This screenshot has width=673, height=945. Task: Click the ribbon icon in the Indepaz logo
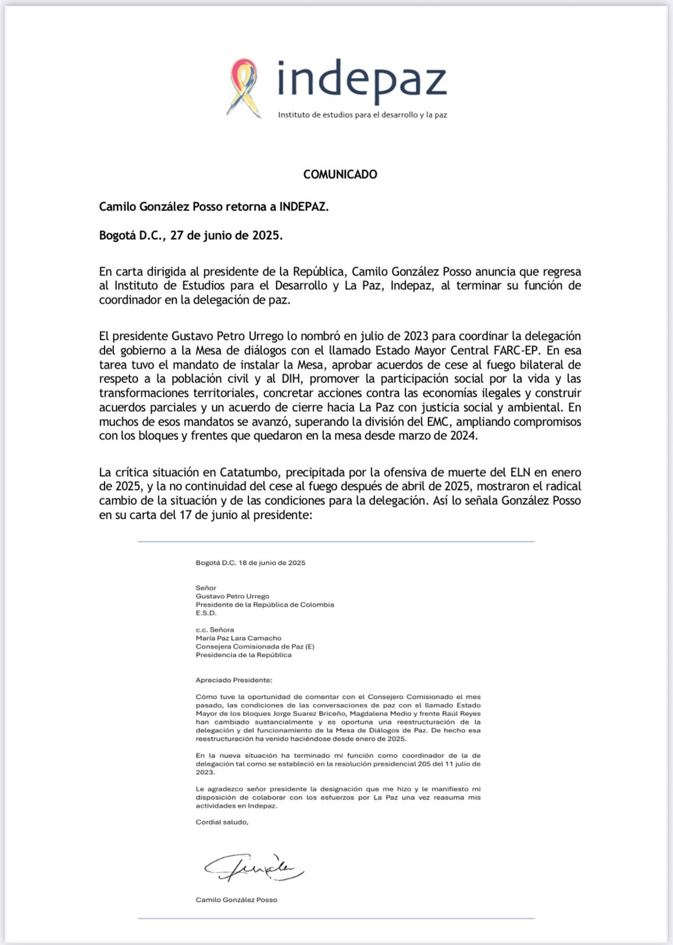(x=244, y=87)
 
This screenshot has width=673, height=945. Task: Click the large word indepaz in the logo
(x=361, y=79)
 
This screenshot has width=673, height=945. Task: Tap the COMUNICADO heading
(x=340, y=174)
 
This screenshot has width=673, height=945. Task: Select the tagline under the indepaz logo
(x=362, y=115)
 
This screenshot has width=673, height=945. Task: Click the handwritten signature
(x=254, y=868)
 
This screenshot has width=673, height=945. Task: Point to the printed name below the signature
(x=236, y=900)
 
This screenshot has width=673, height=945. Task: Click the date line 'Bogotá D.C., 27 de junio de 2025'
(x=191, y=236)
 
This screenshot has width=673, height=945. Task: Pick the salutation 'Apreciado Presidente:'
(x=234, y=680)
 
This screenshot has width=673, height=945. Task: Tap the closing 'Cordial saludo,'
(x=222, y=822)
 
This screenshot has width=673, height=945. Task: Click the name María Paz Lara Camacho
(x=239, y=638)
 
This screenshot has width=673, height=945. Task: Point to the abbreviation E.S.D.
(x=206, y=612)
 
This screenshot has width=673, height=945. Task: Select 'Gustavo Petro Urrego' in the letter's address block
(x=232, y=596)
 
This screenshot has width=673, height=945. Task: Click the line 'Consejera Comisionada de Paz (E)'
(x=255, y=646)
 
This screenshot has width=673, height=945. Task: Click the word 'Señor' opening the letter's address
(x=206, y=588)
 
